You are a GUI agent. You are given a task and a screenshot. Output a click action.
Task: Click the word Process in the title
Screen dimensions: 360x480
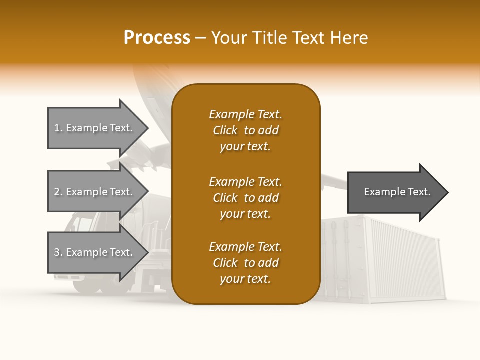[x=157, y=37]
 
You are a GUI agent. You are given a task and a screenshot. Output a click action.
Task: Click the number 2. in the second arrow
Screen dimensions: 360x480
[x=58, y=192]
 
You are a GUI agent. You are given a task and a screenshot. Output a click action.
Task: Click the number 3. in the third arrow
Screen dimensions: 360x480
[x=58, y=252]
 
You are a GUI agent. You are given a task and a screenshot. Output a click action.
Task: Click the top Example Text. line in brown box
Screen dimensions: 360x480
[x=245, y=114]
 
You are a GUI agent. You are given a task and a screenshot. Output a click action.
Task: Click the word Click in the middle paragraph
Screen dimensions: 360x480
[x=225, y=198]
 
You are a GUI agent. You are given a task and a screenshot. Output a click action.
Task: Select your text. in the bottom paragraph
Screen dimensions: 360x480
[x=245, y=279]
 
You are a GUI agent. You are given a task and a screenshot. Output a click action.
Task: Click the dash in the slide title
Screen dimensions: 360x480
[x=200, y=37]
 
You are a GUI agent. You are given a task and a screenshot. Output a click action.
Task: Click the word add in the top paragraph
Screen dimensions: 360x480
[x=268, y=130]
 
